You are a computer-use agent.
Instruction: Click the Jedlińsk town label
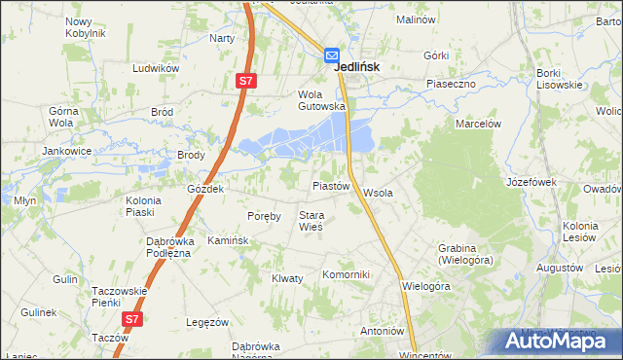[x=356, y=67]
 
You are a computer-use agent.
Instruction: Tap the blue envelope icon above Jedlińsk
[x=332, y=56]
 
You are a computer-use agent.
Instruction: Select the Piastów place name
[x=330, y=185]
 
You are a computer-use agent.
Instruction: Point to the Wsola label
[x=378, y=193]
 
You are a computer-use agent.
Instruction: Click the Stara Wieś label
[x=311, y=221]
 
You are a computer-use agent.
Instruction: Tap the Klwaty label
[x=287, y=278]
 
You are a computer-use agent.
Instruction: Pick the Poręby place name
[x=264, y=216]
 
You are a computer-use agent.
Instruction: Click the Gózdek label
[x=206, y=189]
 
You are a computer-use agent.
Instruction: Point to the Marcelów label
[x=478, y=124]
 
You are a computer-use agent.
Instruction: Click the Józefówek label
[x=531, y=182]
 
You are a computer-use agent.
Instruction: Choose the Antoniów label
[x=382, y=331]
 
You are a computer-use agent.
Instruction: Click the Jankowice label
[x=66, y=151]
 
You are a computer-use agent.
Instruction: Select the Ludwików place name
[x=157, y=69]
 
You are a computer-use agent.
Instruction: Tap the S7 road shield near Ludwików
[x=245, y=83]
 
